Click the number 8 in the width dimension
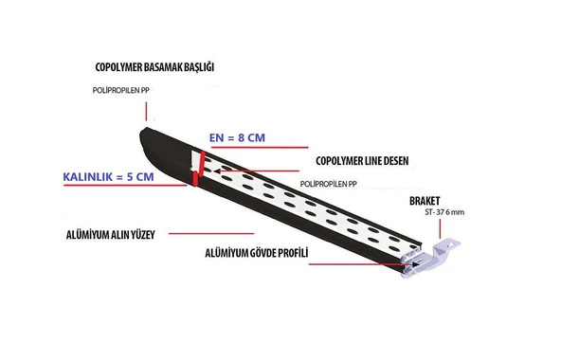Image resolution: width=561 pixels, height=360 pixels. (x=243, y=138)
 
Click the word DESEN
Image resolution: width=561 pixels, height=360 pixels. (x=390, y=161)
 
